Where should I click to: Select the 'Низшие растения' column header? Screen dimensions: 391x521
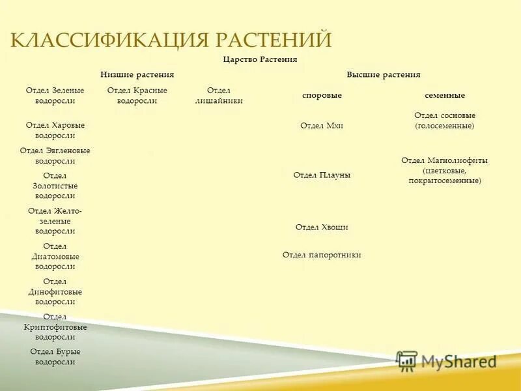[x=137, y=75]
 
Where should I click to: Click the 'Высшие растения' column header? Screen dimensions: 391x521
[x=383, y=75]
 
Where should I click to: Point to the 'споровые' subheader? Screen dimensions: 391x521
[x=322, y=96]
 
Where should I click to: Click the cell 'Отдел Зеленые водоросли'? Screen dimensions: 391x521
[x=55, y=96]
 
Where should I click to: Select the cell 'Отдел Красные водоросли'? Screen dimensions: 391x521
[x=137, y=96]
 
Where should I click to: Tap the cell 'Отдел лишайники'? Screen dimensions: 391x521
[x=219, y=96]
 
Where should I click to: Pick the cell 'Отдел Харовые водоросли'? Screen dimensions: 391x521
[x=55, y=130]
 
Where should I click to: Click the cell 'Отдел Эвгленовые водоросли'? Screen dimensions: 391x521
[x=55, y=156]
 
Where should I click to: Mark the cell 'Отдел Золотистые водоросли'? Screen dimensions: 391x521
[x=55, y=186]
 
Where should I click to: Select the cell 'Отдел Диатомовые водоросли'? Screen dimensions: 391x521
[x=55, y=256]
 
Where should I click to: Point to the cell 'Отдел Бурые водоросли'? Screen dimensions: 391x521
[x=55, y=356]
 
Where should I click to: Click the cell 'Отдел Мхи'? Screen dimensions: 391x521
[x=322, y=126]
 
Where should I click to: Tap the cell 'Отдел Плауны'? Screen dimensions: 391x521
[x=322, y=175]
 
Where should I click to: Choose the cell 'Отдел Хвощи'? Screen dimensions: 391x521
[x=322, y=227]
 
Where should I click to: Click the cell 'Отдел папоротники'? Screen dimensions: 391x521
[x=322, y=255]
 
